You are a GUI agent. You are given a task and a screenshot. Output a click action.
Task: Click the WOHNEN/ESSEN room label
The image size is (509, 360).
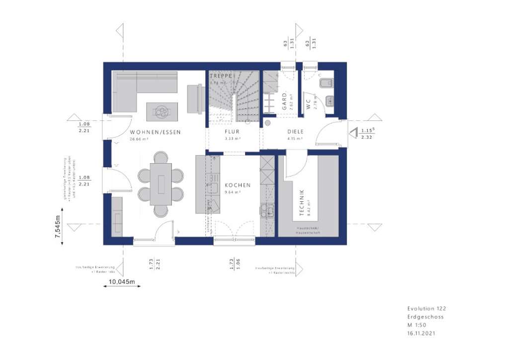tap(155, 132)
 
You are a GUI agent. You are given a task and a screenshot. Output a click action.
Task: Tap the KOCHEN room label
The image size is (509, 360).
tap(237, 185)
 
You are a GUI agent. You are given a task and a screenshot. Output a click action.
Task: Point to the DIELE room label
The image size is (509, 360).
tap(295, 132)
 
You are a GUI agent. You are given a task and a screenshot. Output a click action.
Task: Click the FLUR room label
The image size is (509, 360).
tap(232, 132)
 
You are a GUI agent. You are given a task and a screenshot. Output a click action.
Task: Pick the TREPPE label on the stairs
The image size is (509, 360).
tap(221, 76)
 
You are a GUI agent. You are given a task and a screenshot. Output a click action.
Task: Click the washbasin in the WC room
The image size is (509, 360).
tap(330, 101)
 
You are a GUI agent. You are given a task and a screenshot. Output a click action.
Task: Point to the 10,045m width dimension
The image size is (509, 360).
tap(122, 281)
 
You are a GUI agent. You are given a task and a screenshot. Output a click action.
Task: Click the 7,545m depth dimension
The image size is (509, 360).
tap(58, 228)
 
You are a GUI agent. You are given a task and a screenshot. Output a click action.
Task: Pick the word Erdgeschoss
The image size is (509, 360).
tap(425, 317)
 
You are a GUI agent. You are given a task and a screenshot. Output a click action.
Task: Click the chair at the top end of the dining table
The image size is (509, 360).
tap(161, 158)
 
